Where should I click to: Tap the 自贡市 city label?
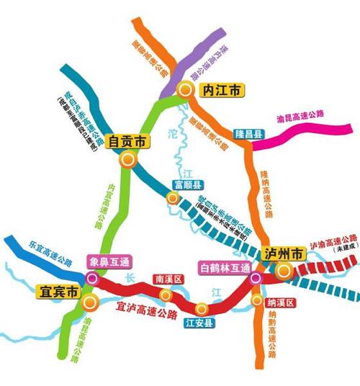pos(127,142)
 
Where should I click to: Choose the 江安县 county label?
pos(200,322)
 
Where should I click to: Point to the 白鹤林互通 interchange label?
pos(224,268)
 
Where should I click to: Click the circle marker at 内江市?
pos(186,90)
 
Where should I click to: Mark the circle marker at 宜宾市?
pos(89,300)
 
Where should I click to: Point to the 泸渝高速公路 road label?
pos(333,243)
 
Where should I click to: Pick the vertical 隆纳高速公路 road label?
pos(266,192)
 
